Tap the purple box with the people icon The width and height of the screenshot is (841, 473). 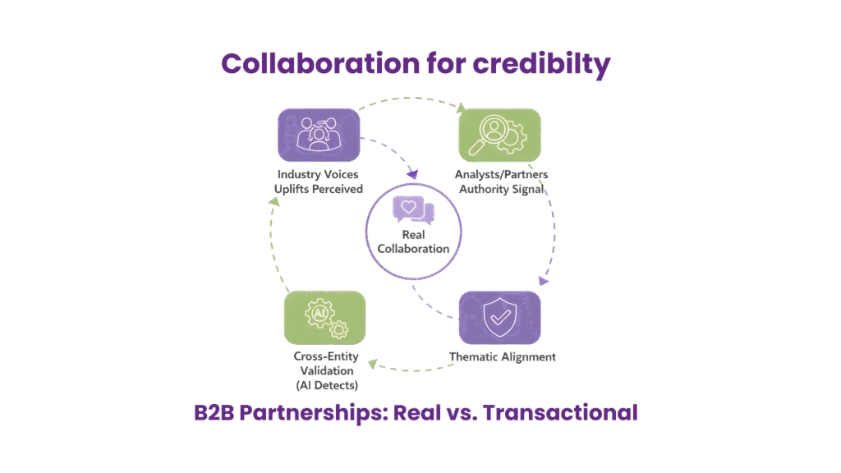(x=319, y=134)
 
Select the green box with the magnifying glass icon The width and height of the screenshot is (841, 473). (x=499, y=134)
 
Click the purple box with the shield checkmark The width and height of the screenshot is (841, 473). (x=499, y=317)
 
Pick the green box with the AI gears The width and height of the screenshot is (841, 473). (x=324, y=317)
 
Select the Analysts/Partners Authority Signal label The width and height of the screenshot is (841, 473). (x=500, y=181)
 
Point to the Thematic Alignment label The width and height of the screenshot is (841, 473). (x=503, y=357)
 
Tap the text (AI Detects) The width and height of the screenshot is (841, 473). (x=326, y=384)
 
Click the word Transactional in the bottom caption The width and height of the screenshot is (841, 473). (x=559, y=412)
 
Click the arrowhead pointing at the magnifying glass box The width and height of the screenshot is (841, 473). (x=462, y=107)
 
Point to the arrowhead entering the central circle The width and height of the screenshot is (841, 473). (x=414, y=174)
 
